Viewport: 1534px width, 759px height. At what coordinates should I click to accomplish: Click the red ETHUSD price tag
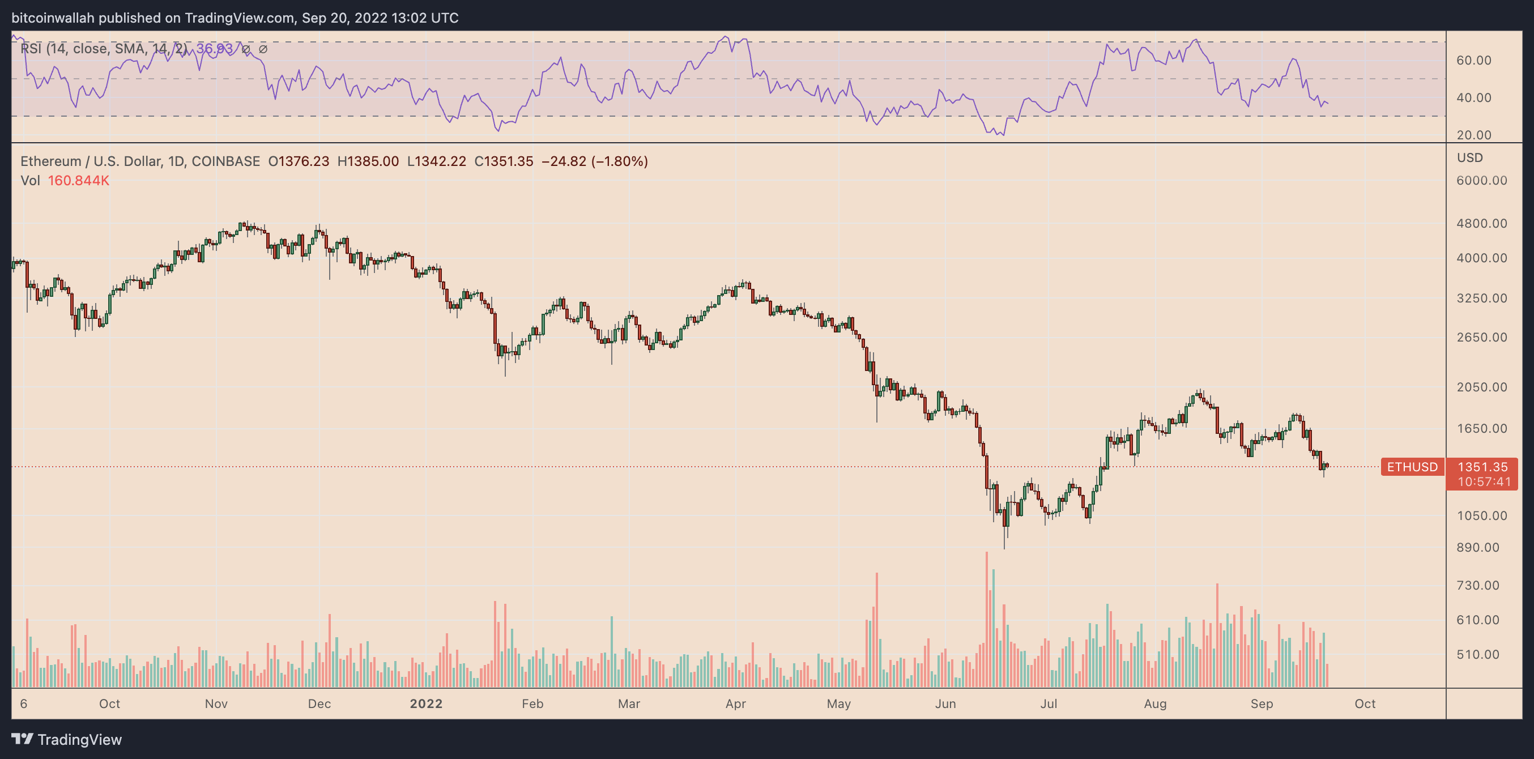[1412, 467]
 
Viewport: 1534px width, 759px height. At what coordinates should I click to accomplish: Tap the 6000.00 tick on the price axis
[1481, 180]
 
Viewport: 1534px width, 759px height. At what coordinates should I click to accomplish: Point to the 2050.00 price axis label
[1481, 387]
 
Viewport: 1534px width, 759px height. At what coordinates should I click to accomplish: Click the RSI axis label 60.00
[1474, 60]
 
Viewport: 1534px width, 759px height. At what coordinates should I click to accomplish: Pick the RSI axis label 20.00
[1474, 135]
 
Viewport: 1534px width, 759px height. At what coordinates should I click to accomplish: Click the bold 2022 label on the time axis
[426, 703]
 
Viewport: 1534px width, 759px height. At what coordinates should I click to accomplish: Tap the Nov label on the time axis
[216, 703]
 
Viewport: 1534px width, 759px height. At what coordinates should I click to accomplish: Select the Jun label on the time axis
[945, 703]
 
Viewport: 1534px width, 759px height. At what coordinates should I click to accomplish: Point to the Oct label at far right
[1365, 703]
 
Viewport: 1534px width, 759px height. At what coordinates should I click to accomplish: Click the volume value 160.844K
[78, 180]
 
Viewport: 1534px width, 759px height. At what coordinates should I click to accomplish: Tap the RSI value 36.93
[214, 48]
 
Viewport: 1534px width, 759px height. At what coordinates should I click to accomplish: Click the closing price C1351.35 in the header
[503, 161]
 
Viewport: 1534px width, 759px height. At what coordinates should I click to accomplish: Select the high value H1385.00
[368, 161]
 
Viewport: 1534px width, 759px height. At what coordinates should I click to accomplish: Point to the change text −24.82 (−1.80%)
[594, 161]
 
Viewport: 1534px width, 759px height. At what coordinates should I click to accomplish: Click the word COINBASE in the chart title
[225, 161]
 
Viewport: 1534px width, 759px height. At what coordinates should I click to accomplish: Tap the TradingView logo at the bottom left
[67, 739]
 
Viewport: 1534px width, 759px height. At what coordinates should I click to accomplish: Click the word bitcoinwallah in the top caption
[53, 18]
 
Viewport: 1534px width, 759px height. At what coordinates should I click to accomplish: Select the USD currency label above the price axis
[1469, 158]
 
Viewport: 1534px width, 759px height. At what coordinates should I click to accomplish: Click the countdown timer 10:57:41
[1484, 481]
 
